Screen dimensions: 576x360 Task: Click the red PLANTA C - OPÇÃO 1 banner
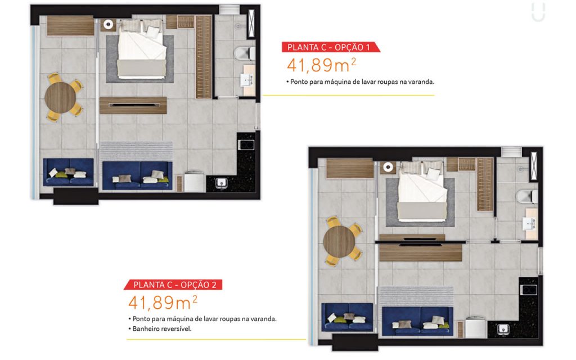pyautogui.click(x=331, y=47)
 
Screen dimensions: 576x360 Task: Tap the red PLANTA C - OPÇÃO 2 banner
pyautogui.click(x=173, y=285)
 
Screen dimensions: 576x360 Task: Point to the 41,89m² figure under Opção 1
pyautogui.click(x=321, y=65)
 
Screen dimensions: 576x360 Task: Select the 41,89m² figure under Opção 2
pyautogui.click(x=163, y=303)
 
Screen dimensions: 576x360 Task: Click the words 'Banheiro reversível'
pyautogui.click(x=162, y=328)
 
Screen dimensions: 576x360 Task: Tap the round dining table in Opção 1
pyautogui.click(x=60, y=97)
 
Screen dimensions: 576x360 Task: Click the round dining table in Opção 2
pyautogui.click(x=339, y=241)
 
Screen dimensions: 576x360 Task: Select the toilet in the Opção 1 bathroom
pyautogui.click(x=245, y=53)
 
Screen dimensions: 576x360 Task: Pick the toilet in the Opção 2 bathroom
pyautogui.click(x=526, y=196)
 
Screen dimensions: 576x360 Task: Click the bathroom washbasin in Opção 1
pyautogui.click(x=247, y=80)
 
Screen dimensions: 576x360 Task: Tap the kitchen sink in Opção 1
pyautogui.click(x=221, y=183)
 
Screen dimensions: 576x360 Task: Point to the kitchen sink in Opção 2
pyautogui.click(x=503, y=328)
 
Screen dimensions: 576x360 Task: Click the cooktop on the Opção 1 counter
pyautogui.click(x=246, y=145)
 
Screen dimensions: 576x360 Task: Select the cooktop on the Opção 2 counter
pyautogui.click(x=529, y=290)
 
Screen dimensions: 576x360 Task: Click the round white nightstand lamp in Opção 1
pyautogui.click(x=108, y=24)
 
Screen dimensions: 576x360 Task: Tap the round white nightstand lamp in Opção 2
pyautogui.click(x=388, y=167)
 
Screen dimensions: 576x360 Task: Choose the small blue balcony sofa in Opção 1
pyautogui.click(x=68, y=172)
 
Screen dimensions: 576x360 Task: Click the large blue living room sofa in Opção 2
pyautogui.click(x=418, y=321)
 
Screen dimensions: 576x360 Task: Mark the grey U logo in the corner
pyautogui.click(x=538, y=12)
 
